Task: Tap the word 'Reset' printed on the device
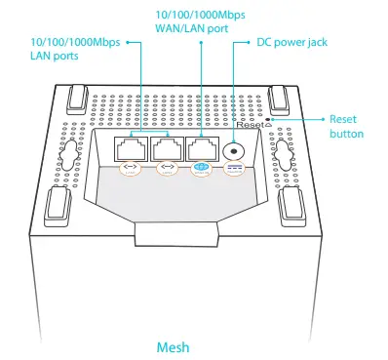248,125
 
